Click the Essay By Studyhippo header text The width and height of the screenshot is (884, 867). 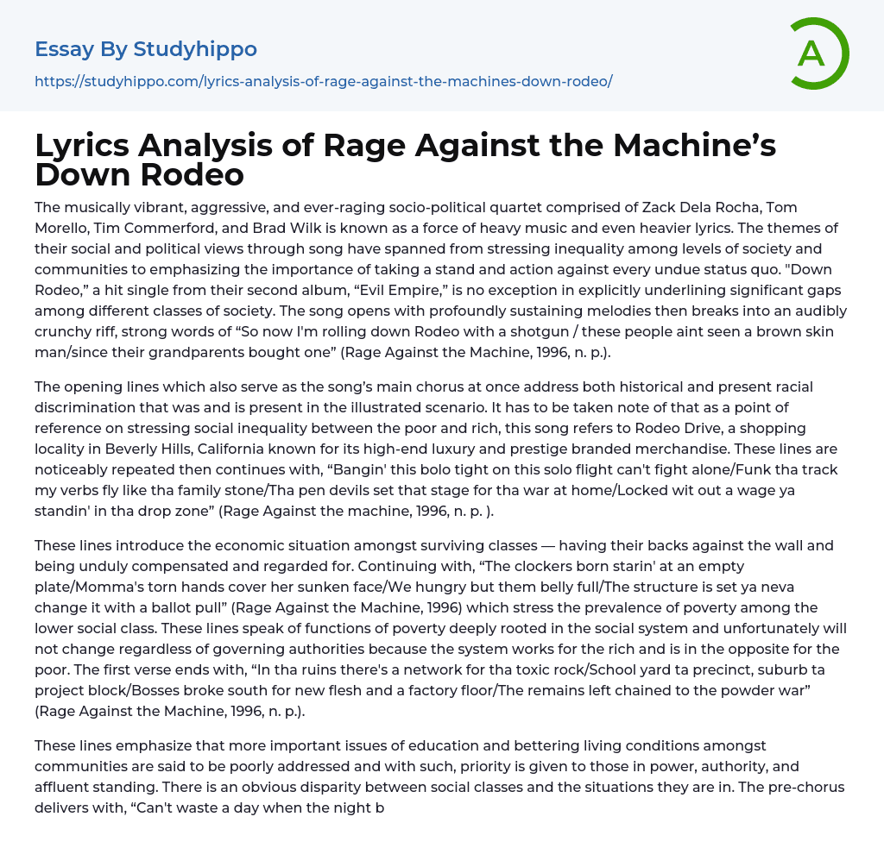coord(146,49)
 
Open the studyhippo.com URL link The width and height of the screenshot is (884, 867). coord(323,81)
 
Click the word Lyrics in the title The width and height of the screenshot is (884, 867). coord(85,147)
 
